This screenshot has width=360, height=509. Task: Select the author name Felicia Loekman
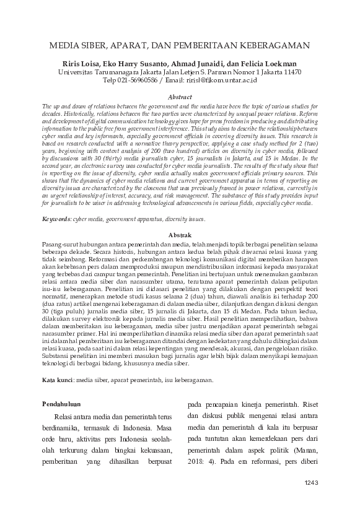point(266,64)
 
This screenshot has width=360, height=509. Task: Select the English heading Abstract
point(180,98)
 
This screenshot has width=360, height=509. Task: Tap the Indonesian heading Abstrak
point(180,235)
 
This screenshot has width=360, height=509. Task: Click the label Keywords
point(56,219)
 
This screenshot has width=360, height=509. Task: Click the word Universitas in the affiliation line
point(79,72)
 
